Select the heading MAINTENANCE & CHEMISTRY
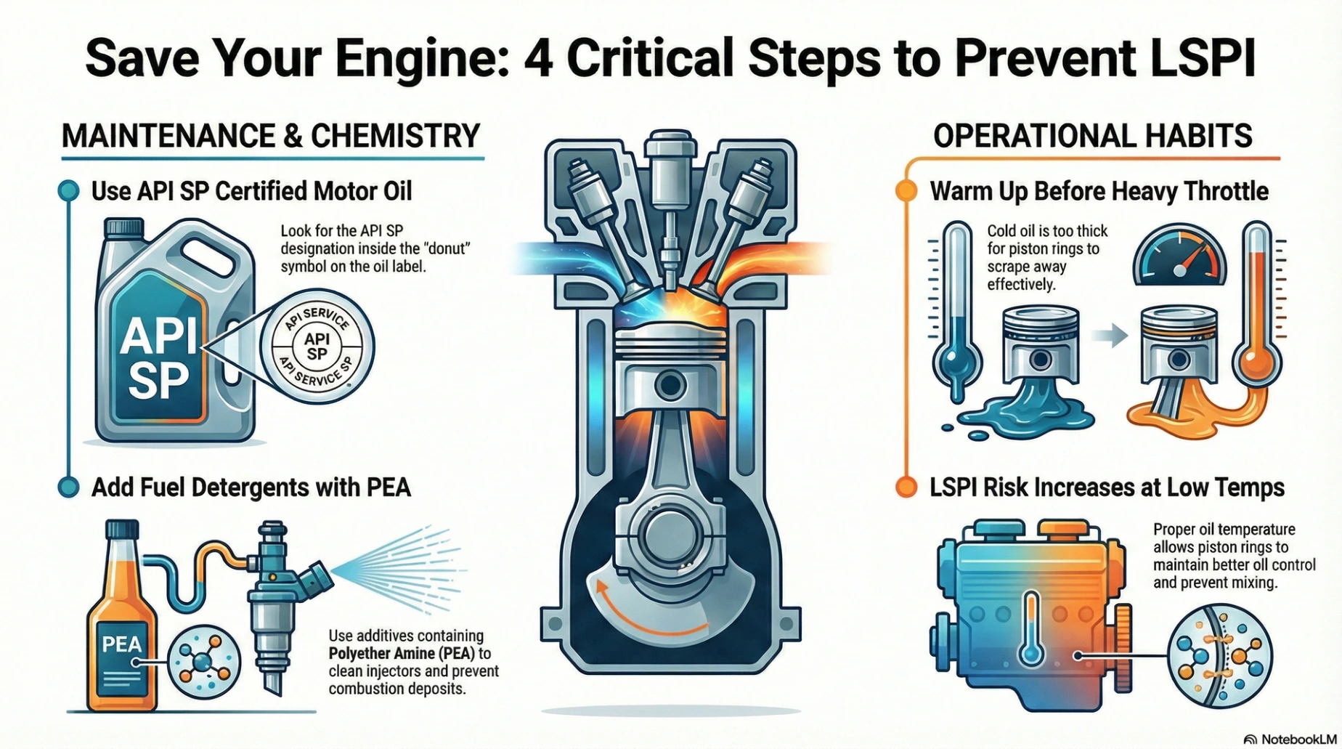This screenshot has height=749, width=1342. tap(271, 136)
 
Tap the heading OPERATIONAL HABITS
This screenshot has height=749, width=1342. tap(1092, 136)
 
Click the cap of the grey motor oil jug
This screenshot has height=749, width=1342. tap(124, 227)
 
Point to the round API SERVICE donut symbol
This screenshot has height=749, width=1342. tap(317, 347)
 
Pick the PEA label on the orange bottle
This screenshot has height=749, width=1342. tap(121, 644)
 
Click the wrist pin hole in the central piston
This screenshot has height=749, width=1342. tap(670, 385)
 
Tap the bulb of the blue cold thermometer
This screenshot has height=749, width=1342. tap(956, 360)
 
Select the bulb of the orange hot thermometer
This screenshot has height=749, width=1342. tap(1257, 360)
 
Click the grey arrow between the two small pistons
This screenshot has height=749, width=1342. tap(1110, 336)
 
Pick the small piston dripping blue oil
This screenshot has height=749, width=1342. tap(1040, 349)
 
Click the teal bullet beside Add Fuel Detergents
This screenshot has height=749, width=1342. tap(68, 487)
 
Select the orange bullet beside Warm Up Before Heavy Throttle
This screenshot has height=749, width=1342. tap(906, 191)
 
